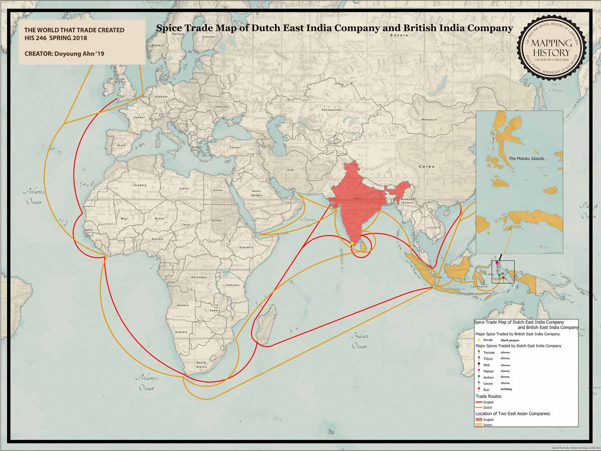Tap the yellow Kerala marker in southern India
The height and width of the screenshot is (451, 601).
point(352,243)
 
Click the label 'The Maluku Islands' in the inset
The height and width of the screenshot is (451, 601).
point(526,158)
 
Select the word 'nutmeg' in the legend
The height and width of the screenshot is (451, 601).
point(507,389)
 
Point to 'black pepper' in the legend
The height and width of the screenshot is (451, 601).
point(510,340)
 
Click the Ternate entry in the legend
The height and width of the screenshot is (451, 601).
point(489,353)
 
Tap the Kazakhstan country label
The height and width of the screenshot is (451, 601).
point(331,109)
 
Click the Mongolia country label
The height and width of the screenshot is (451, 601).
point(429,120)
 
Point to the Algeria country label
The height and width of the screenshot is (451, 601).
point(140,185)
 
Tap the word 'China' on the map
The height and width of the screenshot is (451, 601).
point(427,166)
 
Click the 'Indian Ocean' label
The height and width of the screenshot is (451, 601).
point(359,341)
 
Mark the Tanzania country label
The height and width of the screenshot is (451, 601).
point(232,285)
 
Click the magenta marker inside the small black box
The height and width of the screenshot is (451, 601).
point(497,263)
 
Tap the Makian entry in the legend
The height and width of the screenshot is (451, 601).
point(489,371)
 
